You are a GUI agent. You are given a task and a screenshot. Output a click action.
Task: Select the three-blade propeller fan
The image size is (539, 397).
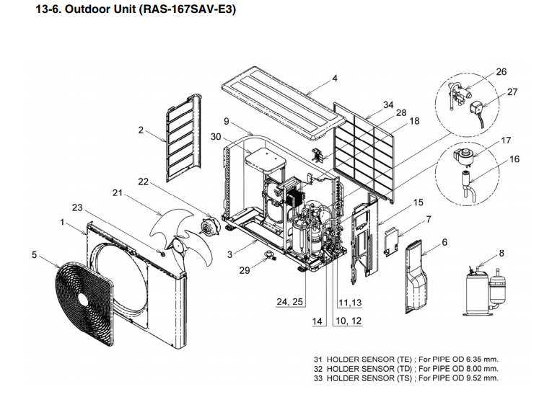pyautogui.click(x=180, y=231)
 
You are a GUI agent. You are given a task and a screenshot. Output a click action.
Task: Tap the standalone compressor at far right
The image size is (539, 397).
pyautogui.click(x=483, y=288)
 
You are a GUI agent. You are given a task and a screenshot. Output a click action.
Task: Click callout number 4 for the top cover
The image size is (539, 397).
pyautogui.click(x=335, y=79)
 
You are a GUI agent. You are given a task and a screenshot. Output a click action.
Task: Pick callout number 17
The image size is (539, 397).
pyautogui.click(x=506, y=141)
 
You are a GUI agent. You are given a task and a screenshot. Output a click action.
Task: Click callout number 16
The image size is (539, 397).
pyautogui.click(x=514, y=159)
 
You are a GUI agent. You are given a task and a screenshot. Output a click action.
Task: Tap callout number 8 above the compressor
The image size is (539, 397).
pyautogui.click(x=501, y=253)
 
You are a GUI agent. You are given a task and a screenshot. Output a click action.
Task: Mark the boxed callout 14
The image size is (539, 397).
pyautogui.click(x=317, y=321)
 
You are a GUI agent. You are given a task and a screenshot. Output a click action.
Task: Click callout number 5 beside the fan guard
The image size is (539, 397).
pyautogui.click(x=34, y=254)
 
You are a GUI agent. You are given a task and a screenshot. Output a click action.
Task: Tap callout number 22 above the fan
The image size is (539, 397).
pyautogui.click(x=142, y=182)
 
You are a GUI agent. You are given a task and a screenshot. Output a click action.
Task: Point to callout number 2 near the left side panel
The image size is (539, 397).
pyautogui.click(x=141, y=130)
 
